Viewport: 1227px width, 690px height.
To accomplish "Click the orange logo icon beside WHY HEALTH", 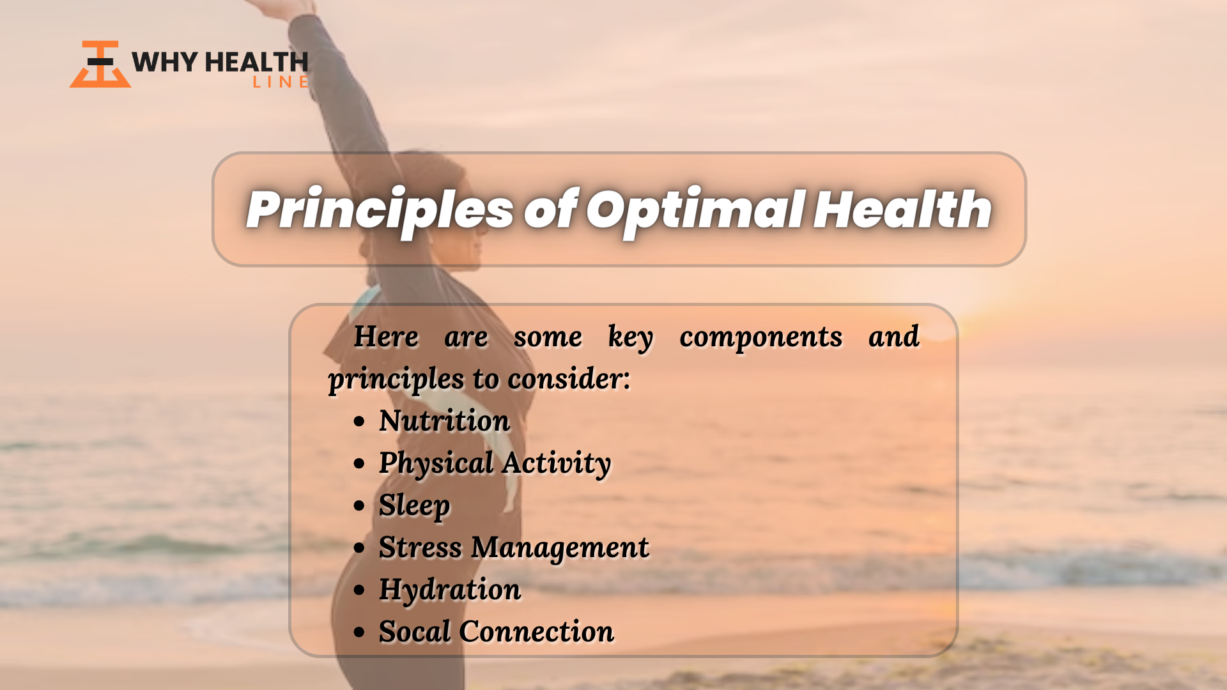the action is tap(100, 65).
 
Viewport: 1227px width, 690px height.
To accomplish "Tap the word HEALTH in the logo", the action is tap(257, 62).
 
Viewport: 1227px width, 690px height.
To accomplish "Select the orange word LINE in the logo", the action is tap(281, 82).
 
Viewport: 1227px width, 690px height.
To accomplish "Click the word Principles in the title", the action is tap(380, 210).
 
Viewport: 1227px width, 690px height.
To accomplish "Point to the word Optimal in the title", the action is tap(695, 210).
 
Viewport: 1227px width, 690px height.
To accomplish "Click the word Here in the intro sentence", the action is tap(387, 336).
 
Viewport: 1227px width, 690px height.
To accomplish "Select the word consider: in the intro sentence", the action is tap(569, 378).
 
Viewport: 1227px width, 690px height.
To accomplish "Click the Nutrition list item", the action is tap(444, 420).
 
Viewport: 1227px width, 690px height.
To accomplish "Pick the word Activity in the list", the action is tap(557, 463).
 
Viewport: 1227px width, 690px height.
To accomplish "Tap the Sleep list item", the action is tap(414, 505).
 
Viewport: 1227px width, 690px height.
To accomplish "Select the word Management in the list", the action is tap(560, 548).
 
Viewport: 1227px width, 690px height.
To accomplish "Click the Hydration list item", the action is tap(450, 590).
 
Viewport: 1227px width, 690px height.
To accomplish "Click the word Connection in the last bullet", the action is tap(536, 631).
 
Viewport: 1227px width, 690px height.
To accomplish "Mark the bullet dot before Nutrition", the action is tap(359, 422).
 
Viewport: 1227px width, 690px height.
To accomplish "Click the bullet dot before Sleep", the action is tap(359, 506).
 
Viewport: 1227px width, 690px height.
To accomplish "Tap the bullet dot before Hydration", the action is tap(359, 590).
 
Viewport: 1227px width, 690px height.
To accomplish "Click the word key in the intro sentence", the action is tap(631, 337).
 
